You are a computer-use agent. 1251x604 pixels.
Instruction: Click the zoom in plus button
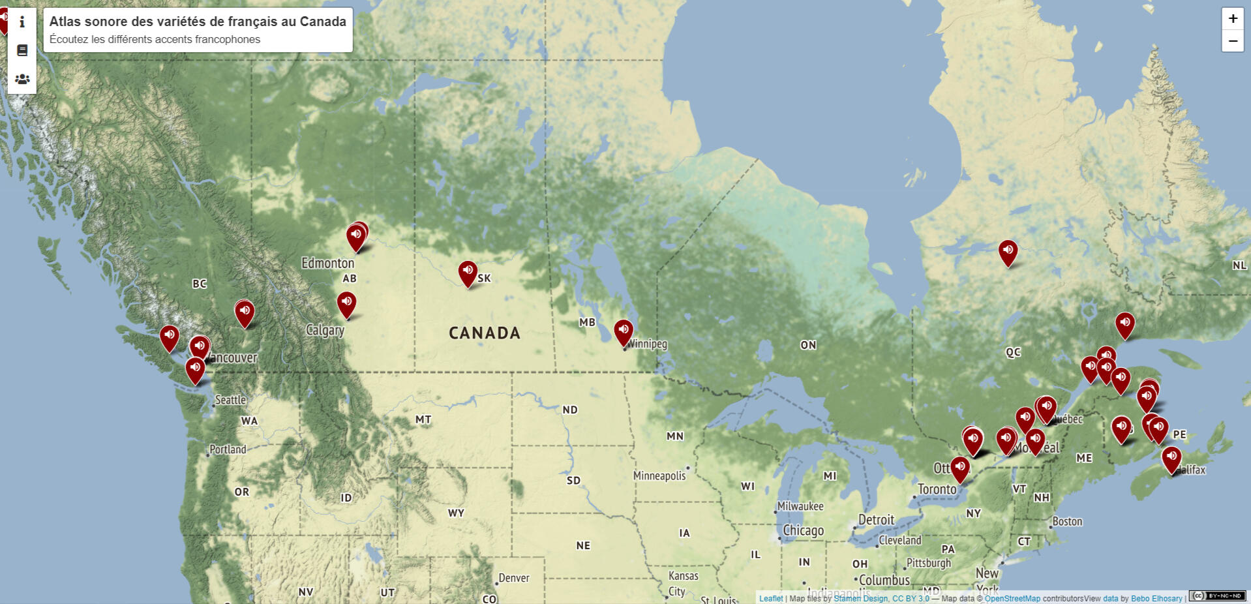1232,18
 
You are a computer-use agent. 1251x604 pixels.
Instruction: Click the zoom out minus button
1232,41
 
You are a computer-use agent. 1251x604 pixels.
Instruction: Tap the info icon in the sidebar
22,22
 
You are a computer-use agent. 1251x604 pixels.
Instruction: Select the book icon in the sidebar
22,50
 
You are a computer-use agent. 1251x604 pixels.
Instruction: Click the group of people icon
22,79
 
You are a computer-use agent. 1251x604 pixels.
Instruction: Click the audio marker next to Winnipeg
623,331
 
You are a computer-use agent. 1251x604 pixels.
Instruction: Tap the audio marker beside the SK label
467,271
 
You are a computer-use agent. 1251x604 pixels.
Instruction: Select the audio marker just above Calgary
346,302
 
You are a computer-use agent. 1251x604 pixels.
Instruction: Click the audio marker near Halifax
1171,457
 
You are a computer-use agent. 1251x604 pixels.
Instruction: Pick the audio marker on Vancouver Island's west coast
169,337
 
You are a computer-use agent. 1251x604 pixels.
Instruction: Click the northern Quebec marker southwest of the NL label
1008,251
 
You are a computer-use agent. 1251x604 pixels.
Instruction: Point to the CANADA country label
484,333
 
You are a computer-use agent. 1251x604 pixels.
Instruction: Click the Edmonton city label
327,263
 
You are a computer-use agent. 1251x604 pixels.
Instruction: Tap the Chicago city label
803,530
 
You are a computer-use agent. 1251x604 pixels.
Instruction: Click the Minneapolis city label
659,476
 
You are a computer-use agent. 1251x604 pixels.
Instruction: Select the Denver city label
513,578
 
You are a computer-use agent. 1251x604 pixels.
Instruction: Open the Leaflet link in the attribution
770,598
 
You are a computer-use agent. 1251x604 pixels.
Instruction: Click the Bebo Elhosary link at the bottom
1156,598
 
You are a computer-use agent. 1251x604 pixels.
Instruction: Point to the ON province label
807,345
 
